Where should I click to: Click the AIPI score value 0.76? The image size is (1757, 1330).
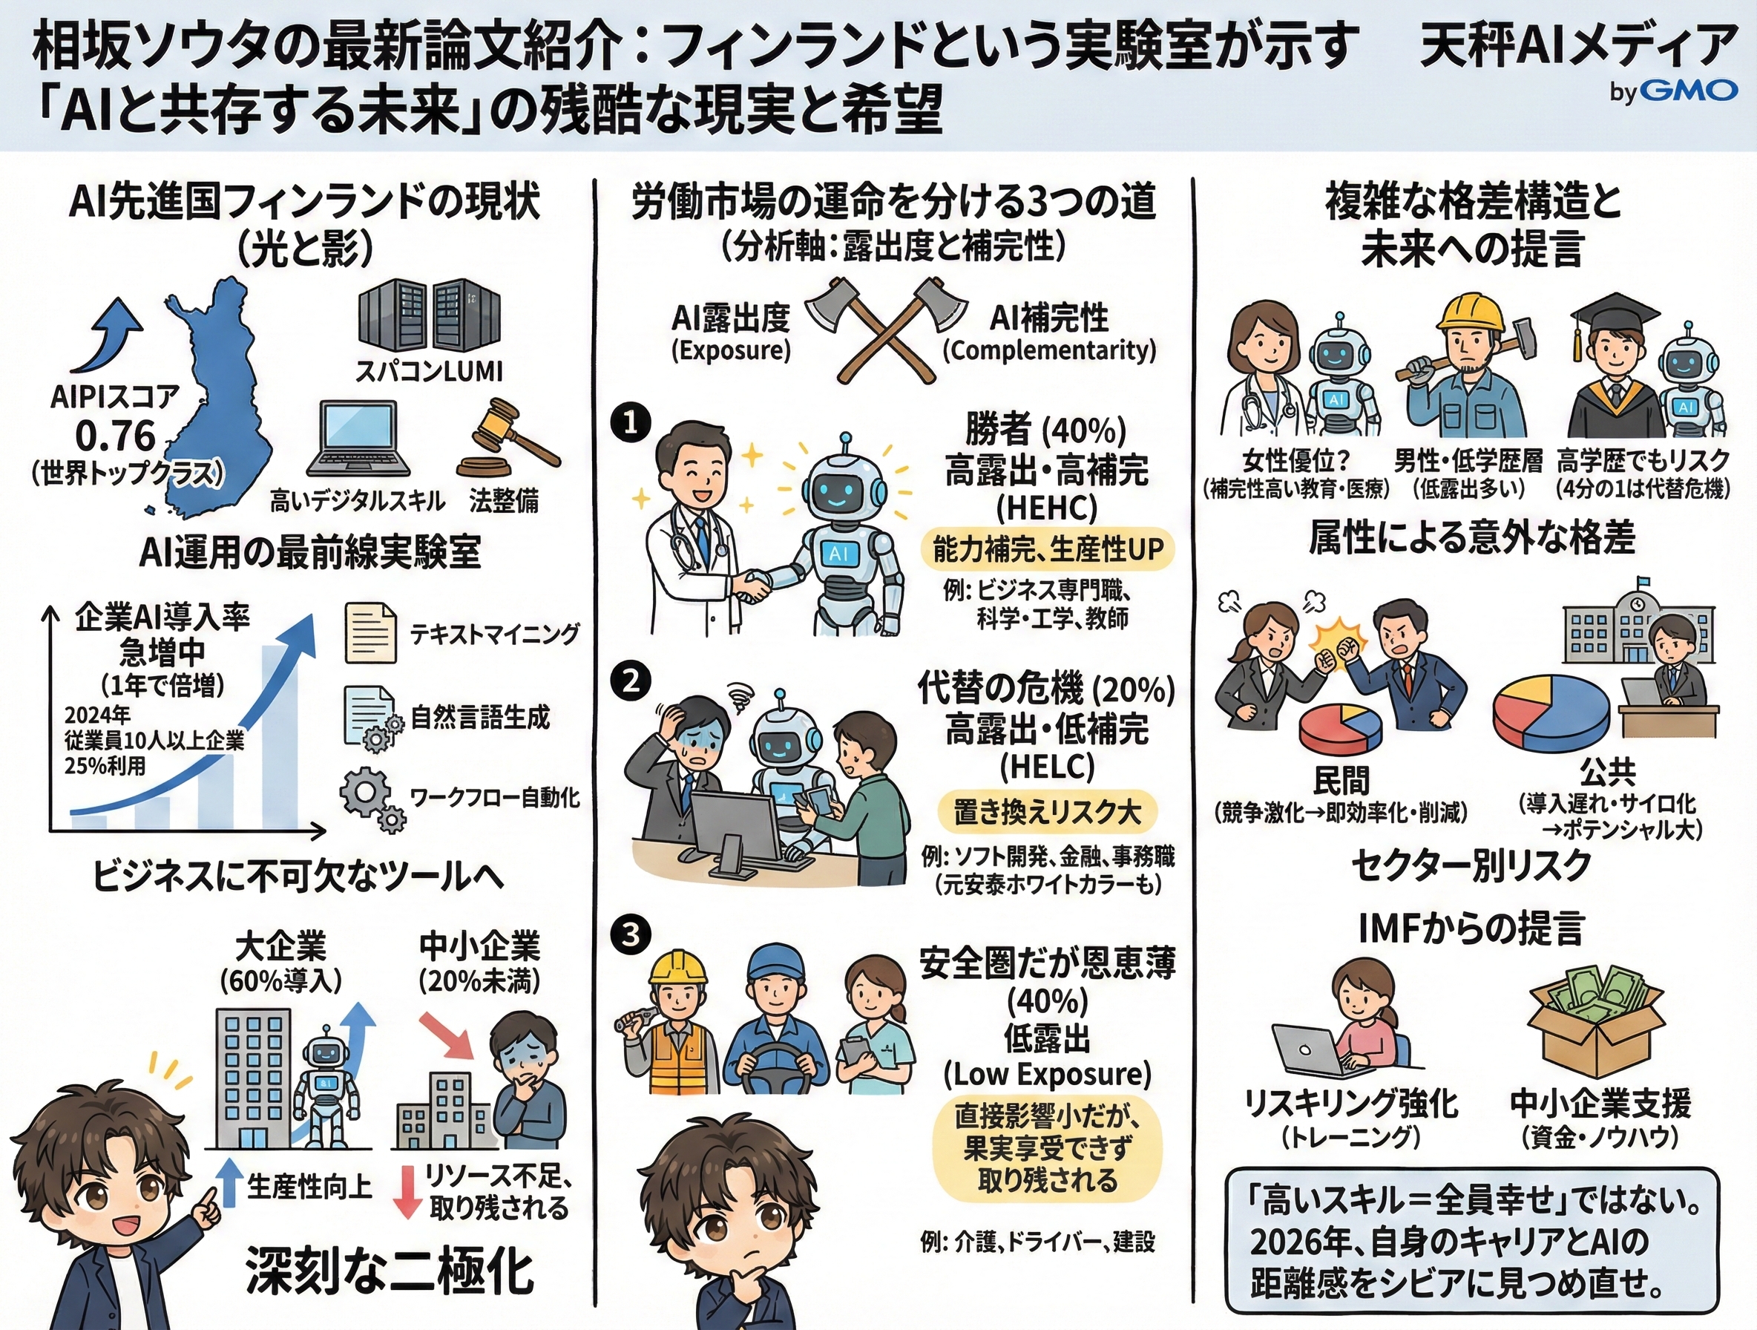point(115,436)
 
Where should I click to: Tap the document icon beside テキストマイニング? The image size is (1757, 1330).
point(371,633)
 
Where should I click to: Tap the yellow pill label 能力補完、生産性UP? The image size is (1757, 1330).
point(1047,549)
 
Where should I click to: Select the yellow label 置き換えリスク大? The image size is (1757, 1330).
point(1047,812)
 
